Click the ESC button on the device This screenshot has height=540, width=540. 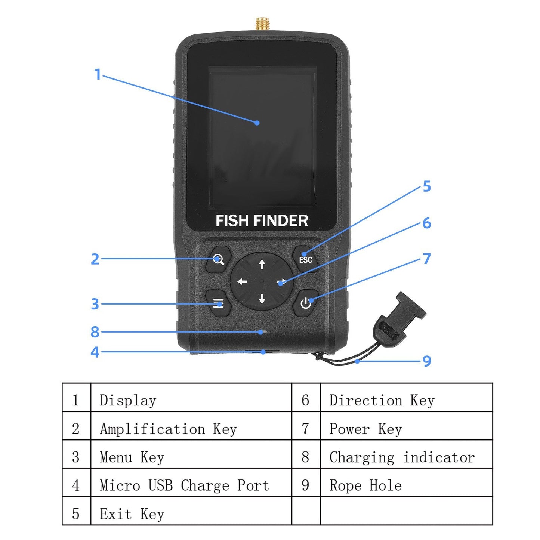pyautogui.click(x=305, y=259)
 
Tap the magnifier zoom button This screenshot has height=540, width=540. pyautogui.click(x=218, y=259)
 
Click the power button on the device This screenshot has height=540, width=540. pyautogui.click(x=306, y=303)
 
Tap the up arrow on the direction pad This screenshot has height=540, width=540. pyautogui.click(x=262, y=264)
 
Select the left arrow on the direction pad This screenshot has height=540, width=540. pyautogui.click(x=242, y=281)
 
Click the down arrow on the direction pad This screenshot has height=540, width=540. pyautogui.click(x=262, y=298)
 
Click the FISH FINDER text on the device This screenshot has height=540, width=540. pyautogui.click(x=262, y=220)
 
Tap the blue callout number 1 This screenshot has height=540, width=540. pyautogui.click(x=98, y=74)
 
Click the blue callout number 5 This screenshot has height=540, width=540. pyautogui.click(x=426, y=186)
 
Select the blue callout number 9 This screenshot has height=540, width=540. pyautogui.click(x=426, y=361)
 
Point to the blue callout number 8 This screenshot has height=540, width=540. pyautogui.click(x=95, y=331)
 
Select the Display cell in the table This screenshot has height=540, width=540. pyautogui.click(x=191, y=400)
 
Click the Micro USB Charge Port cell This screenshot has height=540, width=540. pyautogui.click(x=191, y=485)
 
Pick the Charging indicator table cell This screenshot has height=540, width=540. pyautogui.click(x=406, y=457)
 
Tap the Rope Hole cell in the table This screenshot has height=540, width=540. pyautogui.click(x=406, y=485)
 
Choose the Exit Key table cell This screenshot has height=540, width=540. pyautogui.click(x=191, y=514)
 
